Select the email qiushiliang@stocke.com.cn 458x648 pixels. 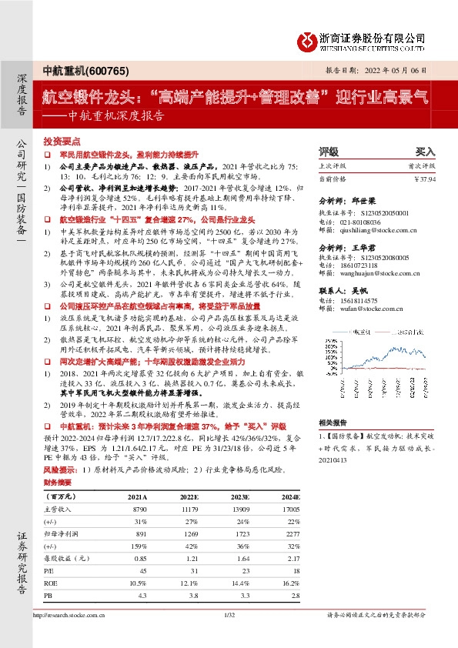click(x=359, y=229)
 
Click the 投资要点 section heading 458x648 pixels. click(x=62, y=142)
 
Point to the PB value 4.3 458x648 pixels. click(x=142, y=596)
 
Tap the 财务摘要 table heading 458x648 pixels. click(x=59, y=483)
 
